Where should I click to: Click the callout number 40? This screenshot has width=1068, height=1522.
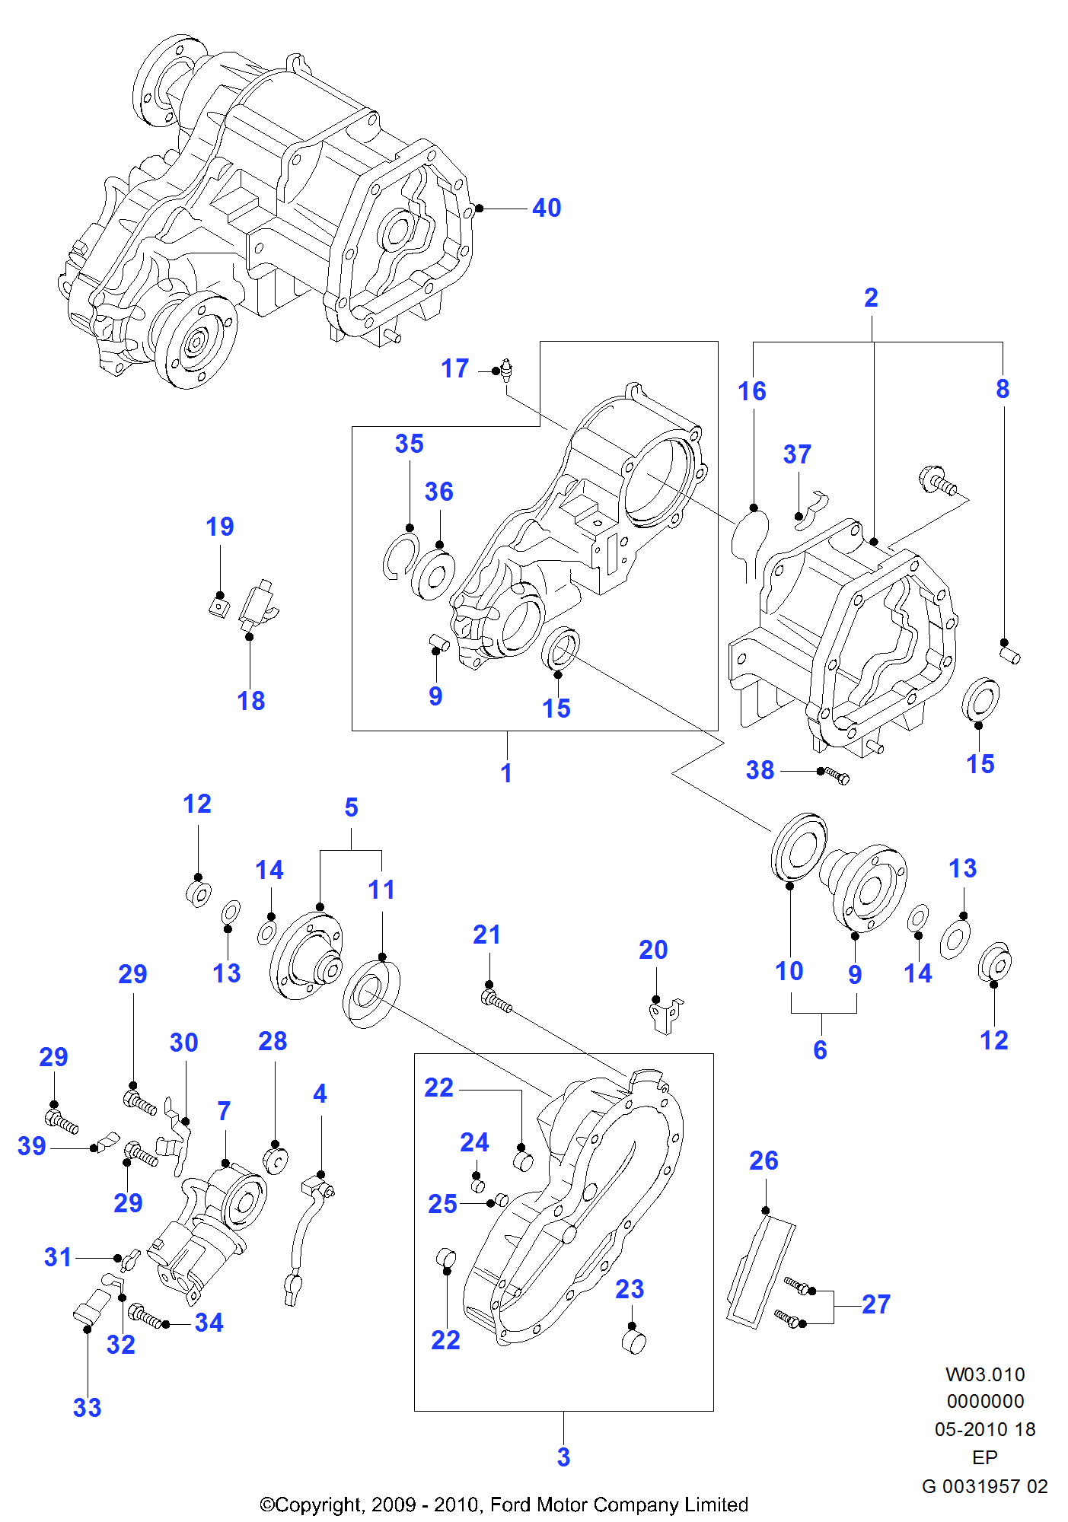[x=547, y=208]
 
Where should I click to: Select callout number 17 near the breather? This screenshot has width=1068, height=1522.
[x=455, y=369]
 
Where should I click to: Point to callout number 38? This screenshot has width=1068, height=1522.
[x=760, y=770]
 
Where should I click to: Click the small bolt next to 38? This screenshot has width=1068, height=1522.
[x=837, y=775]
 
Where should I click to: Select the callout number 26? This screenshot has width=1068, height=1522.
[x=764, y=1161]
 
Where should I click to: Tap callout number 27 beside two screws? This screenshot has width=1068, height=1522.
[x=876, y=1304]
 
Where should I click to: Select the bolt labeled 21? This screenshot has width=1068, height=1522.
[x=496, y=1000]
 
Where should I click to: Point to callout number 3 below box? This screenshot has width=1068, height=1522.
[x=563, y=1457]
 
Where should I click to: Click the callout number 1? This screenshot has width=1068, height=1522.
[x=506, y=773]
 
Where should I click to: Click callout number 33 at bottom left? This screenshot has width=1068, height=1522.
[x=87, y=1408]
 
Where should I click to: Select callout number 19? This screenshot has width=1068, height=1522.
[x=220, y=527]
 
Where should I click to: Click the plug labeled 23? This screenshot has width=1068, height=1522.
[x=634, y=1342]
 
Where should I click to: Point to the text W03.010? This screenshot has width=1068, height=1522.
[x=985, y=1374]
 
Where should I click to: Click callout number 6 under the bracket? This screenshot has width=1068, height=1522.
[x=820, y=1050]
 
